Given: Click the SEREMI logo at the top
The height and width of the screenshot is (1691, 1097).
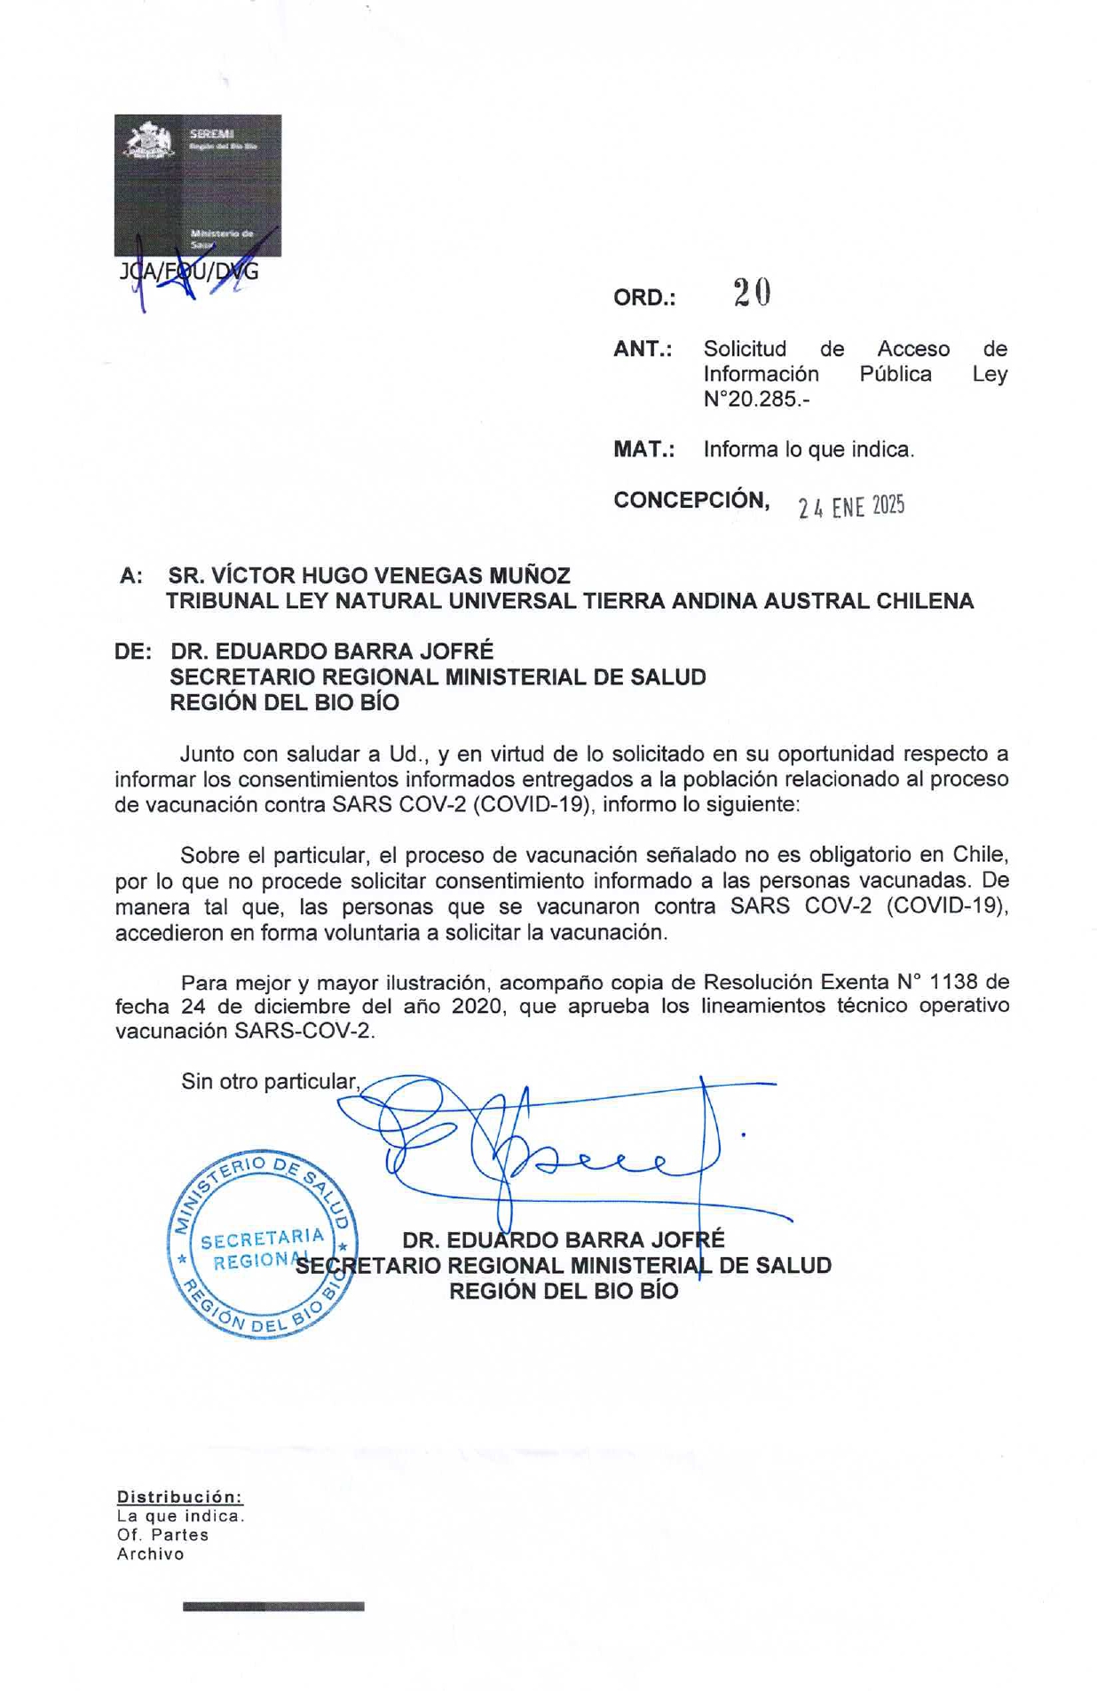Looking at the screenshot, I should [197, 185].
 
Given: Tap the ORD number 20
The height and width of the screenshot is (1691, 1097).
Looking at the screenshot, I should [752, 293].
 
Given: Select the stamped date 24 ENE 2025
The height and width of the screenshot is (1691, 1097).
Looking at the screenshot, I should [850, 507].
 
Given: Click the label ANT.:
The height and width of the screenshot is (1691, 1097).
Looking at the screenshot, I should [642, 349].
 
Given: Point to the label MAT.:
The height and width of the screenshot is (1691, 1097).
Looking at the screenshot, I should [643, 449].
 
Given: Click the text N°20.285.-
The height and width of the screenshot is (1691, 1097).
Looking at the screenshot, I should [756, 399].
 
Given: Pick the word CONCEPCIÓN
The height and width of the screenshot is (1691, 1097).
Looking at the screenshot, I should [691, 500].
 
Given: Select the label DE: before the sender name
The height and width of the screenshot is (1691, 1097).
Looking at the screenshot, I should [133, 652].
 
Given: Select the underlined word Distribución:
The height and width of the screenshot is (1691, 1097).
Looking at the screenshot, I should [179, 1497].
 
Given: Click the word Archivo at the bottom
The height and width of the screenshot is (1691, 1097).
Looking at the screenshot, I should [150, 1554].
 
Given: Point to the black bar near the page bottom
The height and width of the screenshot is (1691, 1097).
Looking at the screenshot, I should [273, 1606].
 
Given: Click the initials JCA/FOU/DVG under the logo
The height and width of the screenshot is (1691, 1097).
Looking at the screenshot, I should [189, 272].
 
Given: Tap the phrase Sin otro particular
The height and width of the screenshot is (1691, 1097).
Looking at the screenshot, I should [270, 1081].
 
